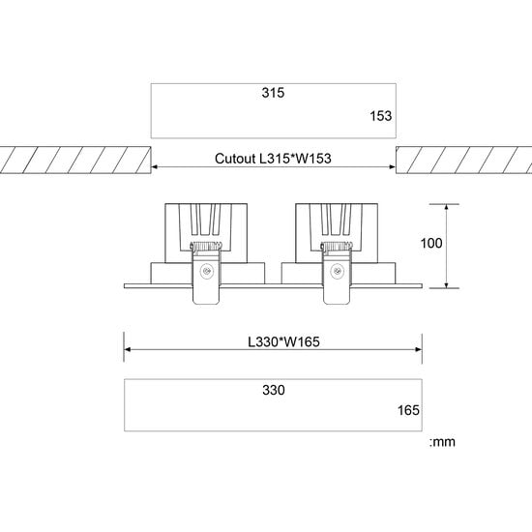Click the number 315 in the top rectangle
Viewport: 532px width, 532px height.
[x=274, y=94]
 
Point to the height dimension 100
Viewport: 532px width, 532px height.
[x=431, y=244]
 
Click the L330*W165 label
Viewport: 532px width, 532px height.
[x=273, y=341]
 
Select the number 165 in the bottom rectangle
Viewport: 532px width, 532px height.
[x=408, y=411]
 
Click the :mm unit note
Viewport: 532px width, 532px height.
[x=441, y=442]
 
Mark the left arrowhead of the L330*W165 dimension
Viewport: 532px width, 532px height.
[x=128, y=351]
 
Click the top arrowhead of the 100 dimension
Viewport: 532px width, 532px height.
[x=446, y=207]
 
